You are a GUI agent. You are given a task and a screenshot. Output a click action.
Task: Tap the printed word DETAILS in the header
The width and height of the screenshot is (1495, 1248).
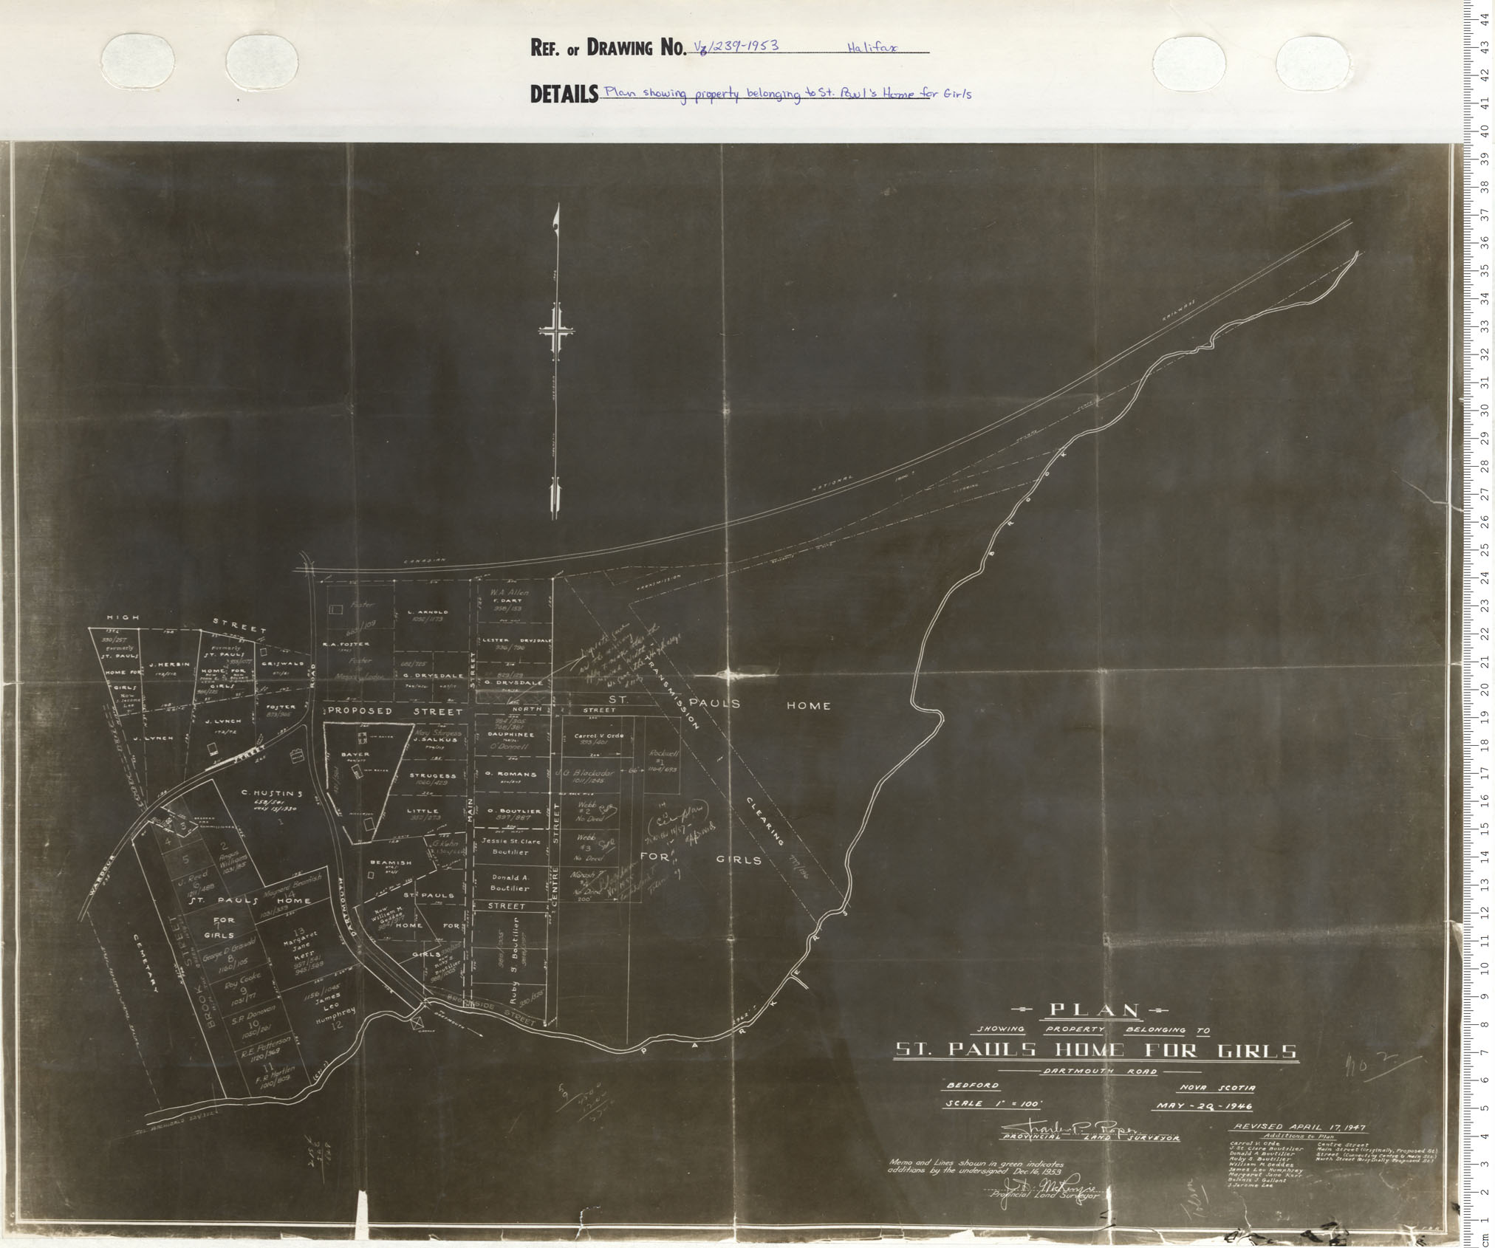[x=564, y=95]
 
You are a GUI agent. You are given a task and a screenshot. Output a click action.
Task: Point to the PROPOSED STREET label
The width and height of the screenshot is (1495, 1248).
[x=395, y=711]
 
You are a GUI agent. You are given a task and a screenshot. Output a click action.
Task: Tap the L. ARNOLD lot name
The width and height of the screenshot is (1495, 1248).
[x=427, y=612]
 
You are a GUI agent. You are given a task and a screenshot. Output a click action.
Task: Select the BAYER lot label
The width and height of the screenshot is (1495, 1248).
[x=355, y=755]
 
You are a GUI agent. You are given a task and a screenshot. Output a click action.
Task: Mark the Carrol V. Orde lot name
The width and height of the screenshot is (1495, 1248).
[x=599, y=736]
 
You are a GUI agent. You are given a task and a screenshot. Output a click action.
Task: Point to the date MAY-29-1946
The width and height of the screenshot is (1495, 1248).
[x=1202, y=1105]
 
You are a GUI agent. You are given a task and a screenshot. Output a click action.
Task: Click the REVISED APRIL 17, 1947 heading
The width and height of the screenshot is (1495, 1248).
[x=1297, y=1127]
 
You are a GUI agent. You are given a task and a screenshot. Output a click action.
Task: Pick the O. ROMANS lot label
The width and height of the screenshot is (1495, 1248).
[x=510, y=774]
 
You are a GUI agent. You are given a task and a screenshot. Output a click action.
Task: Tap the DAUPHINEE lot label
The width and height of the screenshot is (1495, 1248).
[x=510, y=735]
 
